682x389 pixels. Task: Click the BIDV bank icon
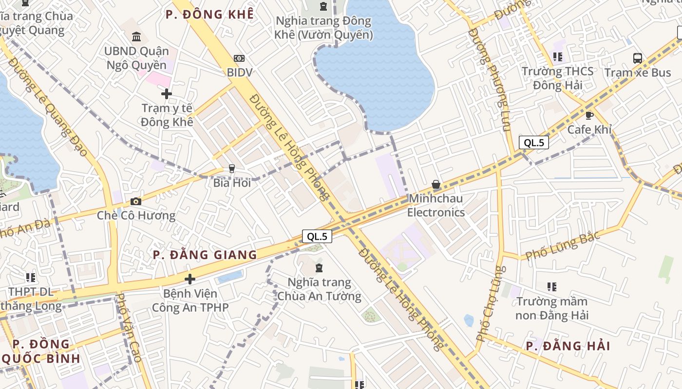pyautogui.click(x=239, y=58)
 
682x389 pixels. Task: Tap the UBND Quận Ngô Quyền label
pyautogui.click(x=136, y=58)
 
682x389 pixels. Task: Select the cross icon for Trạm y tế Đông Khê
pyautogui.click(x=167, y=93)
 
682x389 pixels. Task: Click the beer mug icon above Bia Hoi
pyautogui.click(x=232, y=169)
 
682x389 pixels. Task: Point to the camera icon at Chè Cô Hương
pyautogui.click(x=136, y=201)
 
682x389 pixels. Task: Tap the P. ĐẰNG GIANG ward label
pyautogui.click(x=205, y=255)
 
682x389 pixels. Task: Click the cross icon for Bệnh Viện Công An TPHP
pyautogui.click(x=190, y=279)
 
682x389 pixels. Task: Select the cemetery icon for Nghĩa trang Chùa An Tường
pyautogui.click(x=319, y=268)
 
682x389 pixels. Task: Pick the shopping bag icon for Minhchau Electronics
pyautogui.click(x=436, y=185)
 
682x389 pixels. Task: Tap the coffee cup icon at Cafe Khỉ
pyautogui.click(x=589, y=116)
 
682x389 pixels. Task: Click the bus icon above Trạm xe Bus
pyautogui.click(x=637, y=58)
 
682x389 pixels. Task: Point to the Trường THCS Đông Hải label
pyautogui.click(x=558, y=78)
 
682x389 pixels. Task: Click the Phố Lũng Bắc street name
pyautogui.click(x=562, y=248)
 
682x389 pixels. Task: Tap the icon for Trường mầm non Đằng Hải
pyautogui.click(x=551, y=287)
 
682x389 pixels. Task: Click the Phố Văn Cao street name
pyautogui.click(x=130, y=328)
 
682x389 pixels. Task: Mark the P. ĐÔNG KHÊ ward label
pyautogui.click(x=209, y=15)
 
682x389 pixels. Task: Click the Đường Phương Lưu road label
pyautogui.click(x=490, y=80)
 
